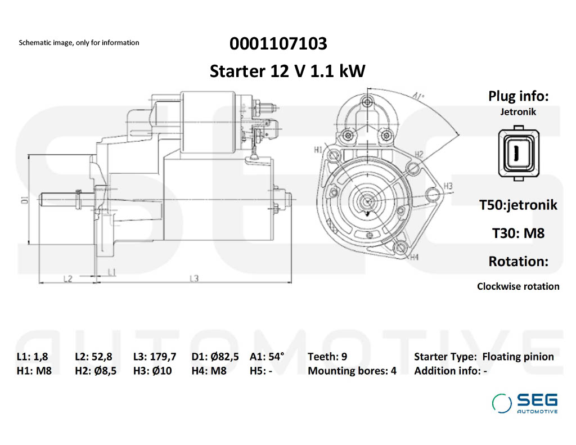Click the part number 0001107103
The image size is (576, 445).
[278, 43]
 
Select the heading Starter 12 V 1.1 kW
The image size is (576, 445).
[287, 71]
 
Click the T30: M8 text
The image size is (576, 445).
[518, 233]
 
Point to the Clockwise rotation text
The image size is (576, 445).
[518, 286]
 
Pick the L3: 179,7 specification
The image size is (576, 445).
[155, 357]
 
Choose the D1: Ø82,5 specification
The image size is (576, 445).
[215, 357]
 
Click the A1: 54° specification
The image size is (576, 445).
[267, 357]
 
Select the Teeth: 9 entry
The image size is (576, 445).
[327, 357]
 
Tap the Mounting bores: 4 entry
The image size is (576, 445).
[352, 371]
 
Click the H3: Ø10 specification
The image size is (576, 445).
[152, 371]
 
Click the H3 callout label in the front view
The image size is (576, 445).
[448, 186]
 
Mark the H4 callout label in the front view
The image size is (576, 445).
[415, 258]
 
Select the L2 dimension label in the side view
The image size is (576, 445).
[68, 278]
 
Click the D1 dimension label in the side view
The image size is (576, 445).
[25, 199]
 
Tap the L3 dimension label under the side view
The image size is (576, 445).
[194, 278]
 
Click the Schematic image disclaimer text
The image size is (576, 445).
[79, 43]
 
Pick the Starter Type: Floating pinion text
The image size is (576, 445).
[484, 357]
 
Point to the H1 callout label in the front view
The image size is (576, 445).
[318, 150]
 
